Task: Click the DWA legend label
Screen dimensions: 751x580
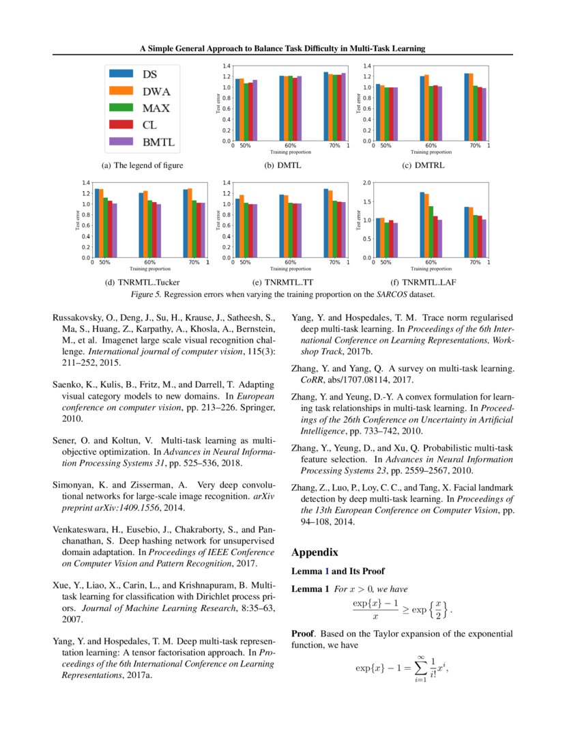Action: [x=156, y=91]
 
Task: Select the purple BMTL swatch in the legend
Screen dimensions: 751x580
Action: [x=121, y=142]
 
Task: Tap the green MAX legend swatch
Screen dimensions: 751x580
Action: [x=121, y=108]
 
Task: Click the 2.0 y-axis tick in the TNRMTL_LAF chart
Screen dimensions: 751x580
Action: [x=365, y=183]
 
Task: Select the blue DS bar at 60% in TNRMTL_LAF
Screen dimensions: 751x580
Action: [x=422, y=225]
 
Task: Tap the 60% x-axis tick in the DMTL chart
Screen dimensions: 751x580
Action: [x=290, y=146]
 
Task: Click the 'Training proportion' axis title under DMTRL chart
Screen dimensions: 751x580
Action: [x=430, y=152]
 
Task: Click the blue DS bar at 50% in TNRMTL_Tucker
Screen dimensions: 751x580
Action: [x=97, y=223]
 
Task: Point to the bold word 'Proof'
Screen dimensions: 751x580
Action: [x=304, y=634]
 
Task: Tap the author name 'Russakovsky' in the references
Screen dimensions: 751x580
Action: [x=80, y=317]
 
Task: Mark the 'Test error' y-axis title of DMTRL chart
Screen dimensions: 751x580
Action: [x=359, y=104]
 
